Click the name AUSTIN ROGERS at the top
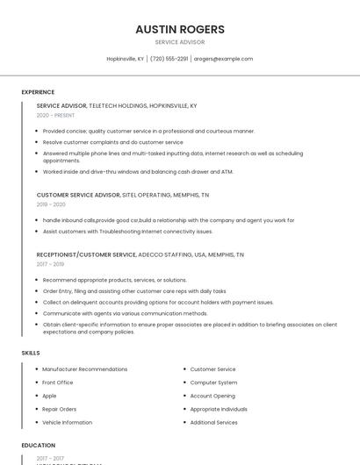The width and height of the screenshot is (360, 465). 179,29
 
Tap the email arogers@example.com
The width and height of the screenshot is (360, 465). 223,59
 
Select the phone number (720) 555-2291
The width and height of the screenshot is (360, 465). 169,59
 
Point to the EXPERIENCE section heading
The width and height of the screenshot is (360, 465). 38,92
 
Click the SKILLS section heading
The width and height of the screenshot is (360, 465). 31,353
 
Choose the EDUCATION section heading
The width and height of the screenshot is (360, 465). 39,446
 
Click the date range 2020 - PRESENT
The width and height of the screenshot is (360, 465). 55,116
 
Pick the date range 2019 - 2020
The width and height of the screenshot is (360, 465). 51,204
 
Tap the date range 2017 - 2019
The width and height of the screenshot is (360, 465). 50,264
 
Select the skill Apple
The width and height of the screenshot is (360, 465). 49,396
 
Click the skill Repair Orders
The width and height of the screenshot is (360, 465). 60,409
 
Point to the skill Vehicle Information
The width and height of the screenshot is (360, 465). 67,422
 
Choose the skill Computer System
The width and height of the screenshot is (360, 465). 213,383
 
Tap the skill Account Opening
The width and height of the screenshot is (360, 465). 213,396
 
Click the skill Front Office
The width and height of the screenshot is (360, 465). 58,383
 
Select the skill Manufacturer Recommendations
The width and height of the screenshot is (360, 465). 84,369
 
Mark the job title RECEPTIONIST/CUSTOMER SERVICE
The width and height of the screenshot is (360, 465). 86,254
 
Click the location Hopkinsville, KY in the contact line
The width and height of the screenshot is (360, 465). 125,59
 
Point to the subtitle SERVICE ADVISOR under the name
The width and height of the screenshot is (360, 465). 179,42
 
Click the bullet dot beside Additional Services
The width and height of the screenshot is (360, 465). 184,423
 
